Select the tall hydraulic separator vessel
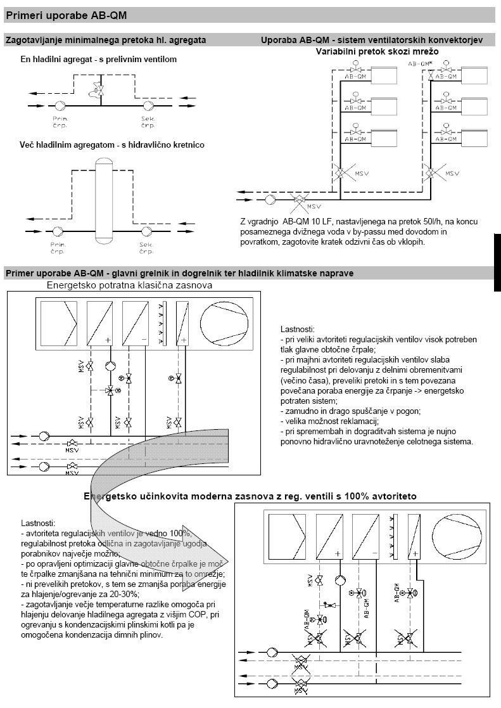102,199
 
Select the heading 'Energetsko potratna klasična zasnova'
129,285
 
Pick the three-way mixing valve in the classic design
110,390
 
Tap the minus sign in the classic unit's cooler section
143,340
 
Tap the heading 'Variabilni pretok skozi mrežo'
377,51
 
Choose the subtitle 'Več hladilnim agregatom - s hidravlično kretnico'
111,145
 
